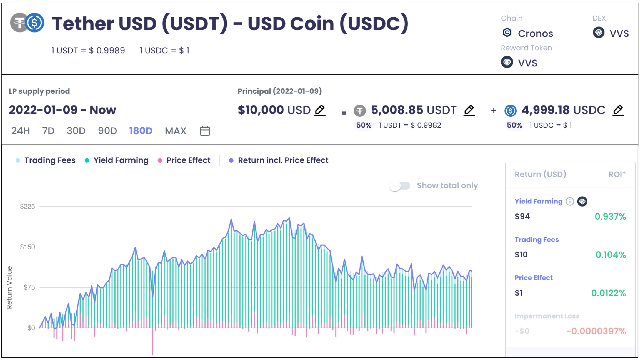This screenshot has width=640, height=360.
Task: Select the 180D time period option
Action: tap(141, 131)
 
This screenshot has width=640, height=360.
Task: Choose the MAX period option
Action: tap(175, 131)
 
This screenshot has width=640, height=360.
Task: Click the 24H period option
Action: tap(21, 131)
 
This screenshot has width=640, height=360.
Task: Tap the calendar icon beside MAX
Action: tap(205, 131)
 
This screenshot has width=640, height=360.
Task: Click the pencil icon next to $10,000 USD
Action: tap(320, 110)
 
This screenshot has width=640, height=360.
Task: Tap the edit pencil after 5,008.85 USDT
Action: tap(469, 110)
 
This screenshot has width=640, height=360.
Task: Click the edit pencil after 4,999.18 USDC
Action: tap(618, 110)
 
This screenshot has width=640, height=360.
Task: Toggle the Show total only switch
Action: tap(400, 186)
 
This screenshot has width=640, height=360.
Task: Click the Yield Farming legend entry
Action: tap(121, 160)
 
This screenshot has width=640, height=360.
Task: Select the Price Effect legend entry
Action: tap(188, 160)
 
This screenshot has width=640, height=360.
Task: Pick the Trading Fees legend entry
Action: tap(50, 160)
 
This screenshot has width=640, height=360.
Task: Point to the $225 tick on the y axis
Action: tap(27, 206)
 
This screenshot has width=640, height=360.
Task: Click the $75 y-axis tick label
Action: tap(29, 287)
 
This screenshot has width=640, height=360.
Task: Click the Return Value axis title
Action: tap(9, 287)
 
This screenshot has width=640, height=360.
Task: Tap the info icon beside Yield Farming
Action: tap(570, 202)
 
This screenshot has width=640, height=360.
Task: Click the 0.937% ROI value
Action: tap(610, 217)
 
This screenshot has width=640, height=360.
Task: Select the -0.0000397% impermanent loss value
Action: tap(596, 331)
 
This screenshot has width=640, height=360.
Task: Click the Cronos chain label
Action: tap(535, 34)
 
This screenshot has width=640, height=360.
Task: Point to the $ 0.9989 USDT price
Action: tap(107, 51)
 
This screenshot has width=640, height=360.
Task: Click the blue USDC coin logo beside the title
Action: tap(35, 23)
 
